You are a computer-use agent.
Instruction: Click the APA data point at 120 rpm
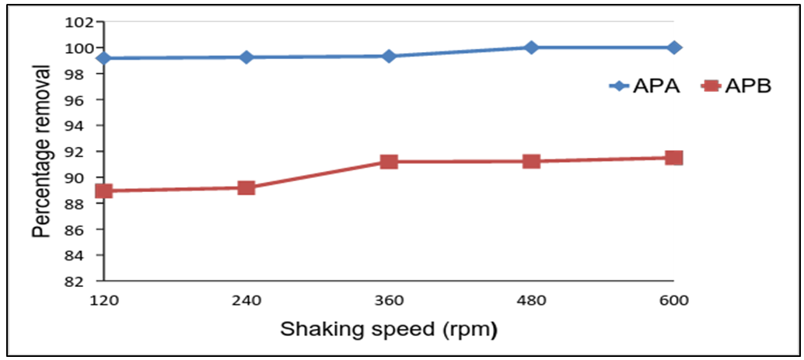[103, 58]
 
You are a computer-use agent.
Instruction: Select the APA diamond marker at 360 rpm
[389, 56]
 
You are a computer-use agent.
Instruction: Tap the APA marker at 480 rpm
[531, 47]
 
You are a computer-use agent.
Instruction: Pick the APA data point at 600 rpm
[673, 47]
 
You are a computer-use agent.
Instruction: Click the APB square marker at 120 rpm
[103, 190]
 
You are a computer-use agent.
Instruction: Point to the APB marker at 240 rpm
[246, 187]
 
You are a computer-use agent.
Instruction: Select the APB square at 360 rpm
[389, 162]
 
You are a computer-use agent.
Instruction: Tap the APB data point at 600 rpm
[673, 158]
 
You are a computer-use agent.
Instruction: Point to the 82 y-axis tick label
[83, 281]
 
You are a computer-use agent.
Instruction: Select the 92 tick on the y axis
[83, 152]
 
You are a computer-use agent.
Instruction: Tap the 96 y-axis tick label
[83, 100]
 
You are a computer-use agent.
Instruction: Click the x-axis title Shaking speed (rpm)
[388, 330]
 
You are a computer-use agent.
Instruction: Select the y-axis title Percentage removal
[44, 152]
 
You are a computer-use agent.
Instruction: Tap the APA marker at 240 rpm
[246, 57]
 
